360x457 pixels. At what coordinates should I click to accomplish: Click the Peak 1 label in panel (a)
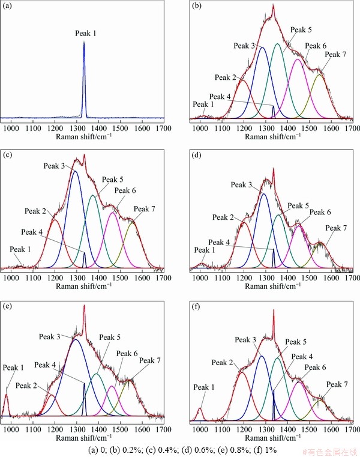click(x=85, y=34)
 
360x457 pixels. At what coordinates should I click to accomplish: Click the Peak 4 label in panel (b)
click(x=220, y=97)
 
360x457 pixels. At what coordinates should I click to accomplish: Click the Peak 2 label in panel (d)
click(x=223, y=217)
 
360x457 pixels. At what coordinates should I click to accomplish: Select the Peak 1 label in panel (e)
click(x=13, y=368)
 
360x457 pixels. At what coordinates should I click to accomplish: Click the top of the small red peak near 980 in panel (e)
click(x=7, y=394)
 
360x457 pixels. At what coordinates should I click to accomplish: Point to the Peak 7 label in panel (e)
click(x=151, y=360)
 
